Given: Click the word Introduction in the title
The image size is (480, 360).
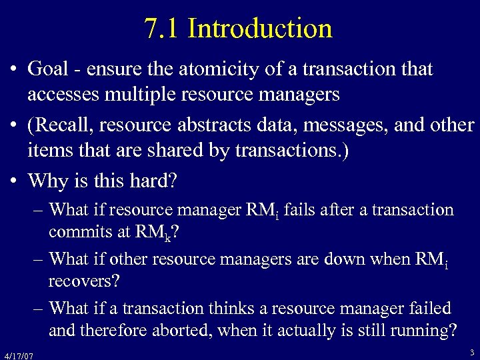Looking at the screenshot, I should (x=260, y=29).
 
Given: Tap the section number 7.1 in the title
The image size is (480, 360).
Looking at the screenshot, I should (x=163, y=29).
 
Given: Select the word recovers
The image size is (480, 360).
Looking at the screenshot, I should (x=84, y=281).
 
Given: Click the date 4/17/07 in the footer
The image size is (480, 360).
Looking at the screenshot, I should (x=18, y=356).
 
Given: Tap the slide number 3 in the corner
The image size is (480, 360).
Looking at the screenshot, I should (x=471, y=352).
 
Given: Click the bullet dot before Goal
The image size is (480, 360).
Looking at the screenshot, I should (x=13, y=69).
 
